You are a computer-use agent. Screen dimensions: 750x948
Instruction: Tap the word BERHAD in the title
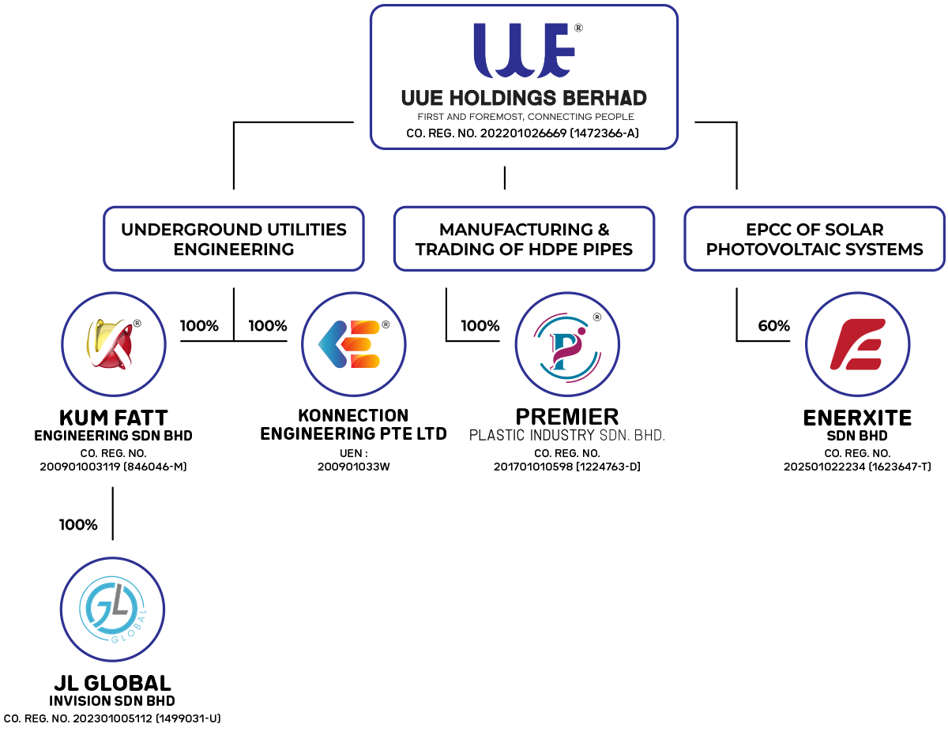tap(608, 99)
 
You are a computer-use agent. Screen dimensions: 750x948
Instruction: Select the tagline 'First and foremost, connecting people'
tap(525, 117)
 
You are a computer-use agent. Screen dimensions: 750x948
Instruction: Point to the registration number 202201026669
tap(523, 133)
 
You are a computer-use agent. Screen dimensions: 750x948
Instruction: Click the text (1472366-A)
tap(604, 133)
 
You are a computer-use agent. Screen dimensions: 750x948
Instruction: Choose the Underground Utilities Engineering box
tap(234, 239)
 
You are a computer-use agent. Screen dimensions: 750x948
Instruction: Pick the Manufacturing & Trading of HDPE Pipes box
tap(524, 239)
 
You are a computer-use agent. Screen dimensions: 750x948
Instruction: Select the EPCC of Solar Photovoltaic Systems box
tap(814, 239)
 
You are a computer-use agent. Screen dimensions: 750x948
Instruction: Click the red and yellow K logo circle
tap(114, 344)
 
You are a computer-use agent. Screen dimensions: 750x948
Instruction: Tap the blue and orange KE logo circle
tap(353, 344)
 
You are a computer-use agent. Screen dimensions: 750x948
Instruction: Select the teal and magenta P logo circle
tap(567, 344)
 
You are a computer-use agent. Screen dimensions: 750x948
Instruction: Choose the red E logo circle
tap(858, 344)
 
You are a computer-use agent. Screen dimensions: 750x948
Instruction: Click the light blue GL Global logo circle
tap(112, 609)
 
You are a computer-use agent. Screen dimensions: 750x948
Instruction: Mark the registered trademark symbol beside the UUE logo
tap(578, 28)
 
